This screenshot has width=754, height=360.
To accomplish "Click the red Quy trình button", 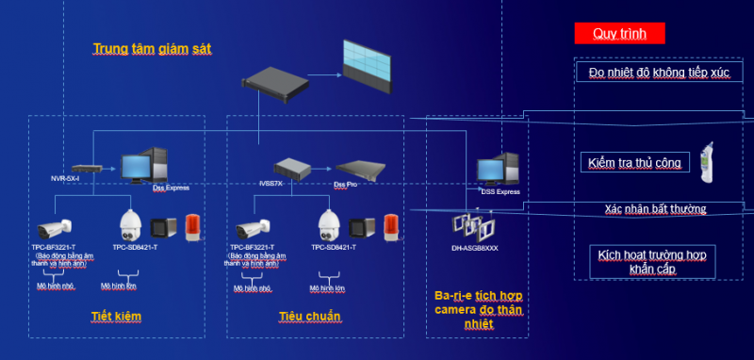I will [x=619, y=34].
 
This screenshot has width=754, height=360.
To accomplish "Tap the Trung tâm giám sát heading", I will [x=152, y=49].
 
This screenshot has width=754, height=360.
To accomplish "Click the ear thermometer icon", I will [x=704, y=161].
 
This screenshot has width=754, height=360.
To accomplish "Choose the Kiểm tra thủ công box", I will [x=633, y=163].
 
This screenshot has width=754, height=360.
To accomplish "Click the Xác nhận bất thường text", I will [x=655, y=208].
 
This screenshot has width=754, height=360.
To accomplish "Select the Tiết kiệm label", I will [x=116, y=316].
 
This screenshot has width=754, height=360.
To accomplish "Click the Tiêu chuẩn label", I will [x=309, y=316].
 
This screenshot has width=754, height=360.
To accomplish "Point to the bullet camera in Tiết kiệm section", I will [x=55, y=228].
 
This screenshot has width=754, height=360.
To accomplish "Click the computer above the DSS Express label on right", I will [x=500, y=170].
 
